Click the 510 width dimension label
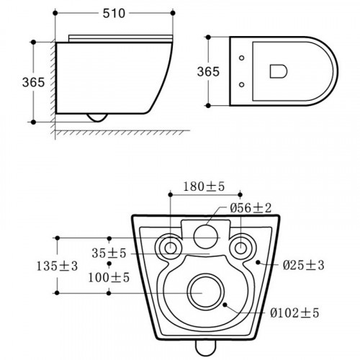pos(114,14)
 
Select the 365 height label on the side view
pos(33,82)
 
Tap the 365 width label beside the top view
pos(208,71)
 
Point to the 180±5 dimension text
pos(204,186)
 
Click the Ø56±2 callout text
pos(251,207)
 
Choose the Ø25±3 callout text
pos(303,265)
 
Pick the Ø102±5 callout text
pos(294,312)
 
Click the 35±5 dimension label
pos(109,253)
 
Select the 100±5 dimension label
pos(109,277)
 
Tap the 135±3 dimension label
pos(57,266)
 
